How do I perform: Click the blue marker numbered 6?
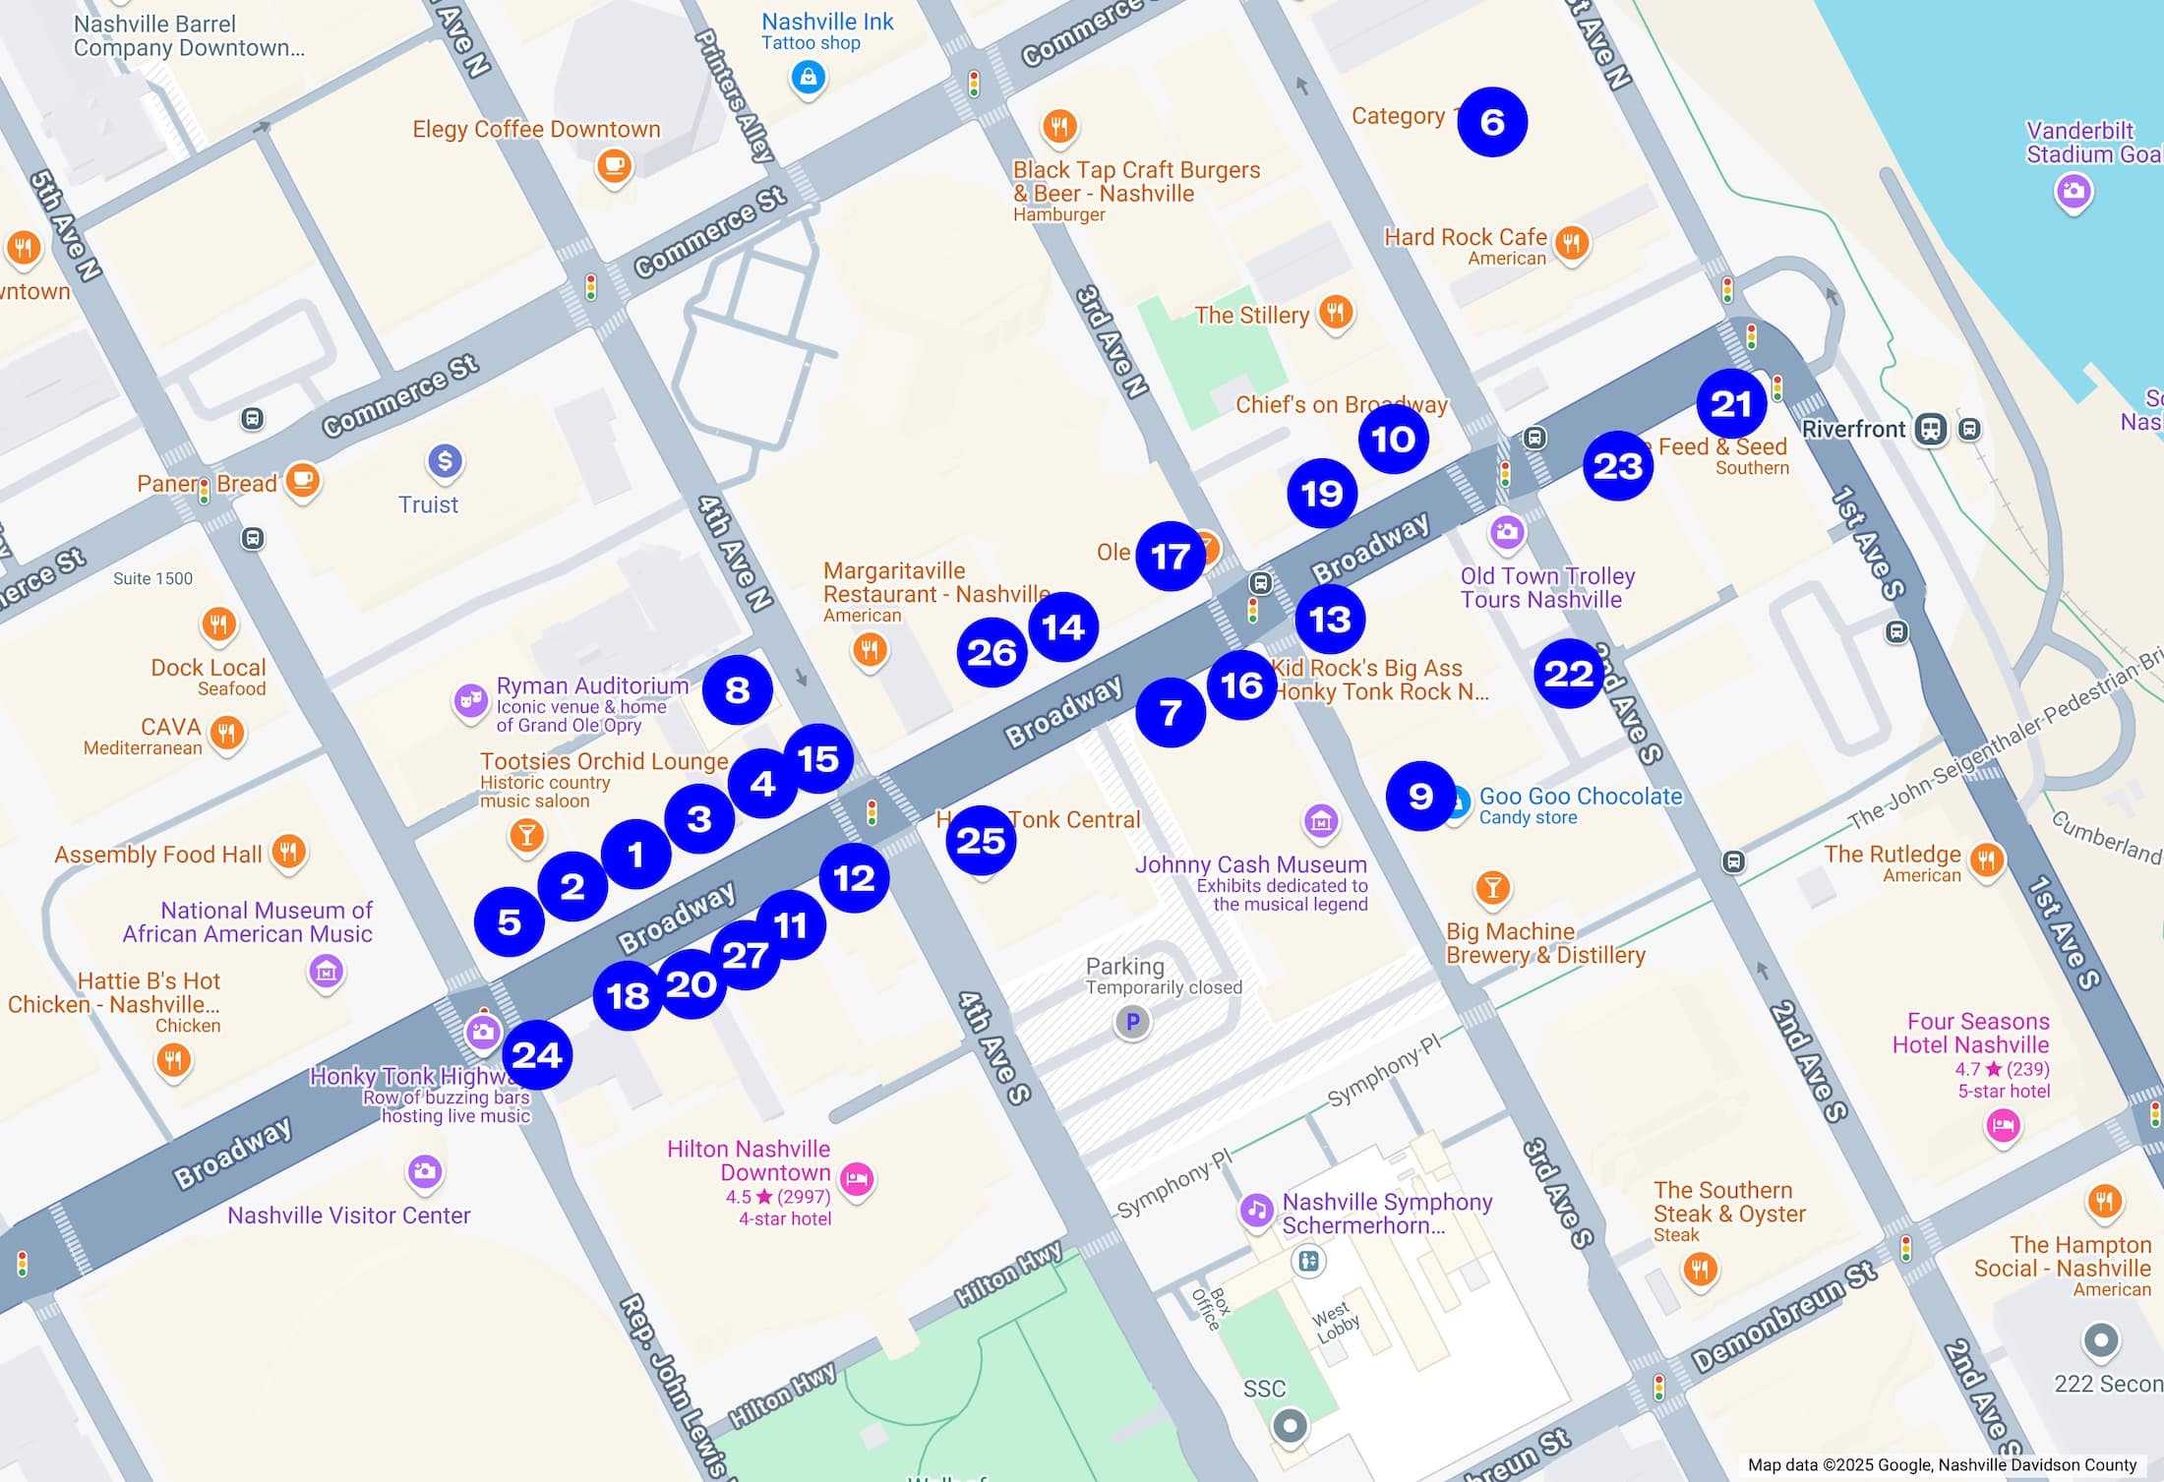pyautogui.click(x=1491, y=122)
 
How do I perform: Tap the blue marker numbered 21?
pyautogui.click(x=1730, y=404)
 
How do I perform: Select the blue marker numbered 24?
pyautogui.click(x=536, y=1055)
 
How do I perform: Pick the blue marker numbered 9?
pyautogui.click(x=1419, y=796)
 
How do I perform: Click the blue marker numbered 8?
pyautogui.click(x=737, y=690)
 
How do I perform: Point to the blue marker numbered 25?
pyautogui.click(x=981, y=841)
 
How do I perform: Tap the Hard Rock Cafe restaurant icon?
pyautogui.click(x=1571, y=242)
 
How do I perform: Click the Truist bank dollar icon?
pyautogui.click(x=445, y=460)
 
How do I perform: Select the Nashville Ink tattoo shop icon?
pyautogui.click(x=808, y=77)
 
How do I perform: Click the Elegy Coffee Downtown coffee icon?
pyautogui.click(x=614, y=165)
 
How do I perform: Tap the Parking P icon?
pyautogui.click(x=1132, y=1022)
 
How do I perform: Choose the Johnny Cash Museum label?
pyautogui.click(x=1250, y=865)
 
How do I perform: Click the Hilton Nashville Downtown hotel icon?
pyautogui.click(x=857, y=1178)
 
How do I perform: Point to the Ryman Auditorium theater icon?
pyautogui.click(x=470, y=700)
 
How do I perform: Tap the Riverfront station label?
pyautogui.click(x=1853, y=429)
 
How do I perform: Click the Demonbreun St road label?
pyautogui.click(x=1783, y=1317)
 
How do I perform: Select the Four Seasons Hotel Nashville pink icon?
pyautogui.click(x=2003, y=1124)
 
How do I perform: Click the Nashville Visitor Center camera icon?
pyautogui.click(x=424, y=1171)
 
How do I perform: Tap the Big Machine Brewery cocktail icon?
pyautogui.click(x=1492, y=887)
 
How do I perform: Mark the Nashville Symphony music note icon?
pyautogui.click(x=1256, y=1210)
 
